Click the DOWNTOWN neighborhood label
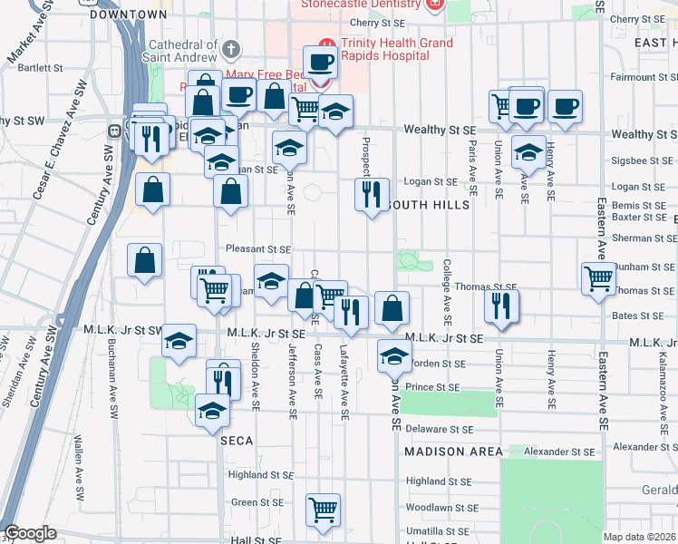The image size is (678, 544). click(129, 15)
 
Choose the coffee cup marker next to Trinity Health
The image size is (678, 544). click(318, 62)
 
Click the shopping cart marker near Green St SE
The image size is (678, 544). click(323, 510)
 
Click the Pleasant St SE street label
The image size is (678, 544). click(258, 249)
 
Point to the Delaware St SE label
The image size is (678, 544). click(440, 429)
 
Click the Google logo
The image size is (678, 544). click(31, 533)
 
